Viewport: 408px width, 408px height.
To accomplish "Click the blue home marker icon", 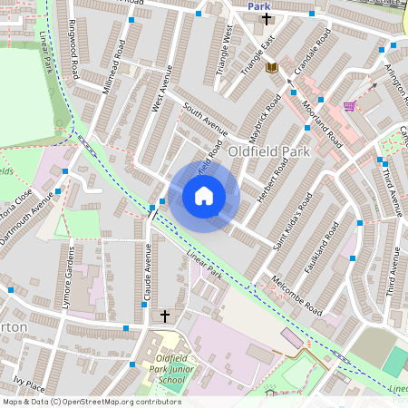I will click(x=204, y=196).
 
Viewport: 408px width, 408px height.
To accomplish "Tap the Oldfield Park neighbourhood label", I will click(x=268, y=151).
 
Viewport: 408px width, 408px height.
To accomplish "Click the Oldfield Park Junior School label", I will click(x=165, y=372).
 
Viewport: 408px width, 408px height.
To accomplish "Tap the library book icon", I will click(x=271, y=67).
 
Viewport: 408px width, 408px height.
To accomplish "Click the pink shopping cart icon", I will click(x=349, y=106).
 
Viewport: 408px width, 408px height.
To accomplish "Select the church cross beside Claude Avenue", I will click(x=164, y=316).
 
